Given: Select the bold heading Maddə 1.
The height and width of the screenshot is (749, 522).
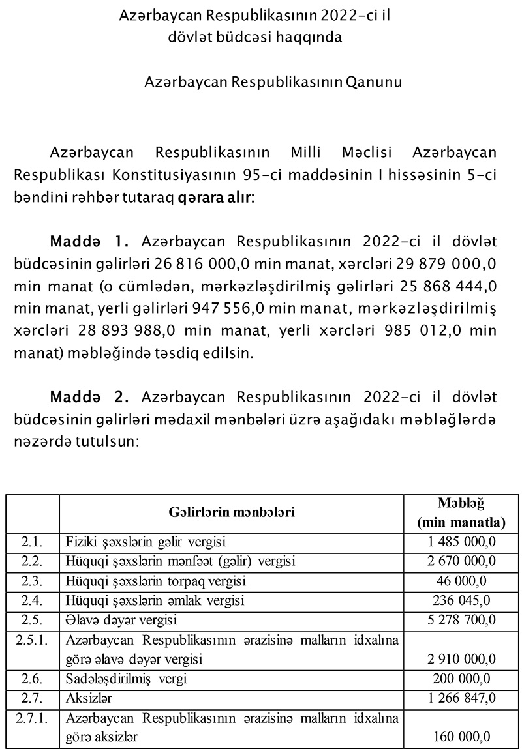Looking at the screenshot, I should pos(90,242).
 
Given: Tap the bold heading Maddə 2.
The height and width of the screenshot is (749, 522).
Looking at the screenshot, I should pos(90,397).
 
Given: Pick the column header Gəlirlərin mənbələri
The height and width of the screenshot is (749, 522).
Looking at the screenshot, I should pos(232,512).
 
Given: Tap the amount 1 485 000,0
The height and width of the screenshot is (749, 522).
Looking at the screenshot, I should pos(462,542).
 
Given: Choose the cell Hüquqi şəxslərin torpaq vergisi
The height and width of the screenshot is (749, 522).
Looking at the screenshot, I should pos(156,580).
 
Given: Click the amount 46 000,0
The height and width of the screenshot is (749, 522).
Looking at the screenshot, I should pos(462,580).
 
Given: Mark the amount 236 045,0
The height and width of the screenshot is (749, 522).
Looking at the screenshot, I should pos(462,600).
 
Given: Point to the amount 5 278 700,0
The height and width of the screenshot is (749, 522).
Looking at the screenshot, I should pos(462,619).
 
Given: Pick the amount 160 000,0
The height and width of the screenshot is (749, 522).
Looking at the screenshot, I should pos(462,737).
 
